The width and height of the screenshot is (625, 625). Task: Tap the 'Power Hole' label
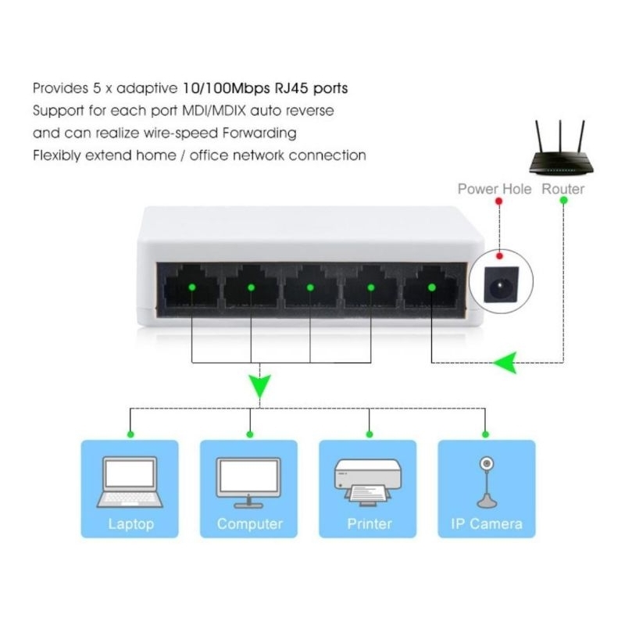pos(494,188)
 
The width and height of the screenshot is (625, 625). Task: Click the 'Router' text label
pos(563,188)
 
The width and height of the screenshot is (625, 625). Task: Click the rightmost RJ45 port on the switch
pos(431,287)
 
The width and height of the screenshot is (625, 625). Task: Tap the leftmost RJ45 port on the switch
pos(191,287)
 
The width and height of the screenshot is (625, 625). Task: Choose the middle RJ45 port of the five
pos(310,287)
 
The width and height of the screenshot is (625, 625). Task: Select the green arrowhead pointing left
pos(504,362)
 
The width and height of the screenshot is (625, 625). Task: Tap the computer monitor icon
pos(249,482)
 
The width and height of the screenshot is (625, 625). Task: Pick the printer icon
pos(368,483)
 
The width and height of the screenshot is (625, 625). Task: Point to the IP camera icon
pos(486,482)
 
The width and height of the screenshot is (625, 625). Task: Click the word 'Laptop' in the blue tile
pos(130,523)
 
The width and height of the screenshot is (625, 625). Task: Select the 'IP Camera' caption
pos(487,523)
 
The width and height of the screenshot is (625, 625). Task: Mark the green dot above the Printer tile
pos(369,434)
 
